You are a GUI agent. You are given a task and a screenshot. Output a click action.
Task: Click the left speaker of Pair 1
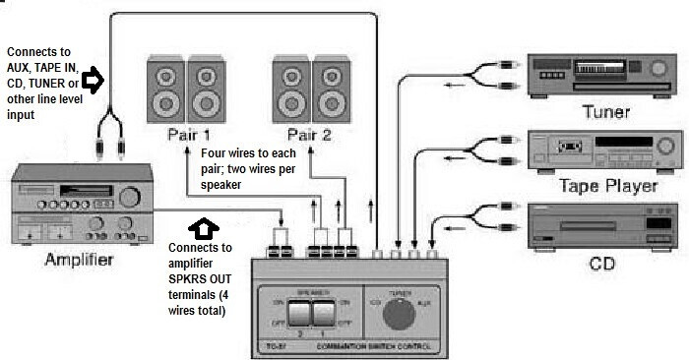(x=164, y=89)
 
